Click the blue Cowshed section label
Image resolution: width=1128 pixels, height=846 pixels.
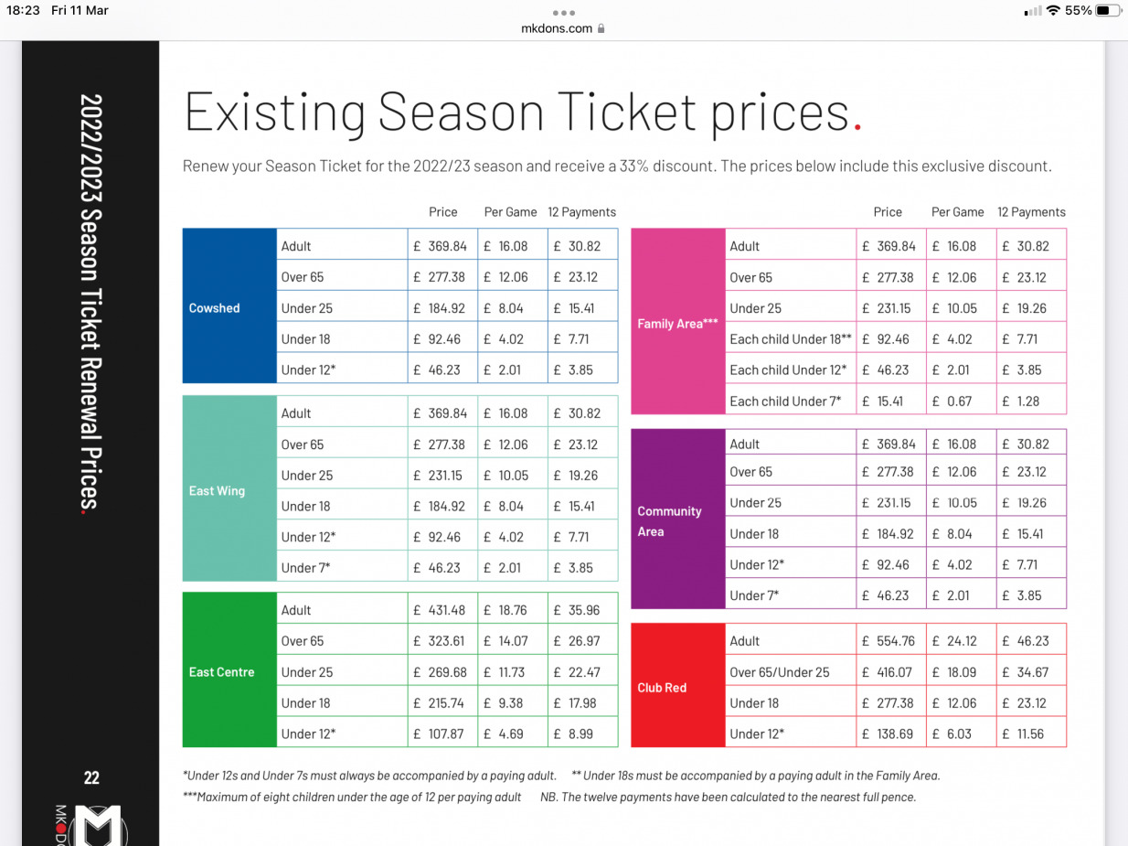point(215,308)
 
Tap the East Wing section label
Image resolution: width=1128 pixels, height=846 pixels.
point(217,491)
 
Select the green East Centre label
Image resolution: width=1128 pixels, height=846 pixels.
point(221,672)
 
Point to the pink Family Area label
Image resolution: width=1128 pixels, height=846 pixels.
point(677,324)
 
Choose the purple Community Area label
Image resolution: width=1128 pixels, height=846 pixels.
point(669,521)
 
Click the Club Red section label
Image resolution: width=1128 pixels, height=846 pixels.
point(662,688)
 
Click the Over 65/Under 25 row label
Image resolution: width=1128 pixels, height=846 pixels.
point(780,672)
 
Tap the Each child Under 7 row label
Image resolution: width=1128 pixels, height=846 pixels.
point(784,401)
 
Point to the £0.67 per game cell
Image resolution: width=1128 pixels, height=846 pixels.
point(959,401)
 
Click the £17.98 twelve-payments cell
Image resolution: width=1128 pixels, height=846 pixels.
point(582,703)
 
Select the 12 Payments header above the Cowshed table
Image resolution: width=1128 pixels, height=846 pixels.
point(582,212)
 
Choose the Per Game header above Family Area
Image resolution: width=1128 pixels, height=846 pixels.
point(957,212)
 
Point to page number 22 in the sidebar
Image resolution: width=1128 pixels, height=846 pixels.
point(91,778)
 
